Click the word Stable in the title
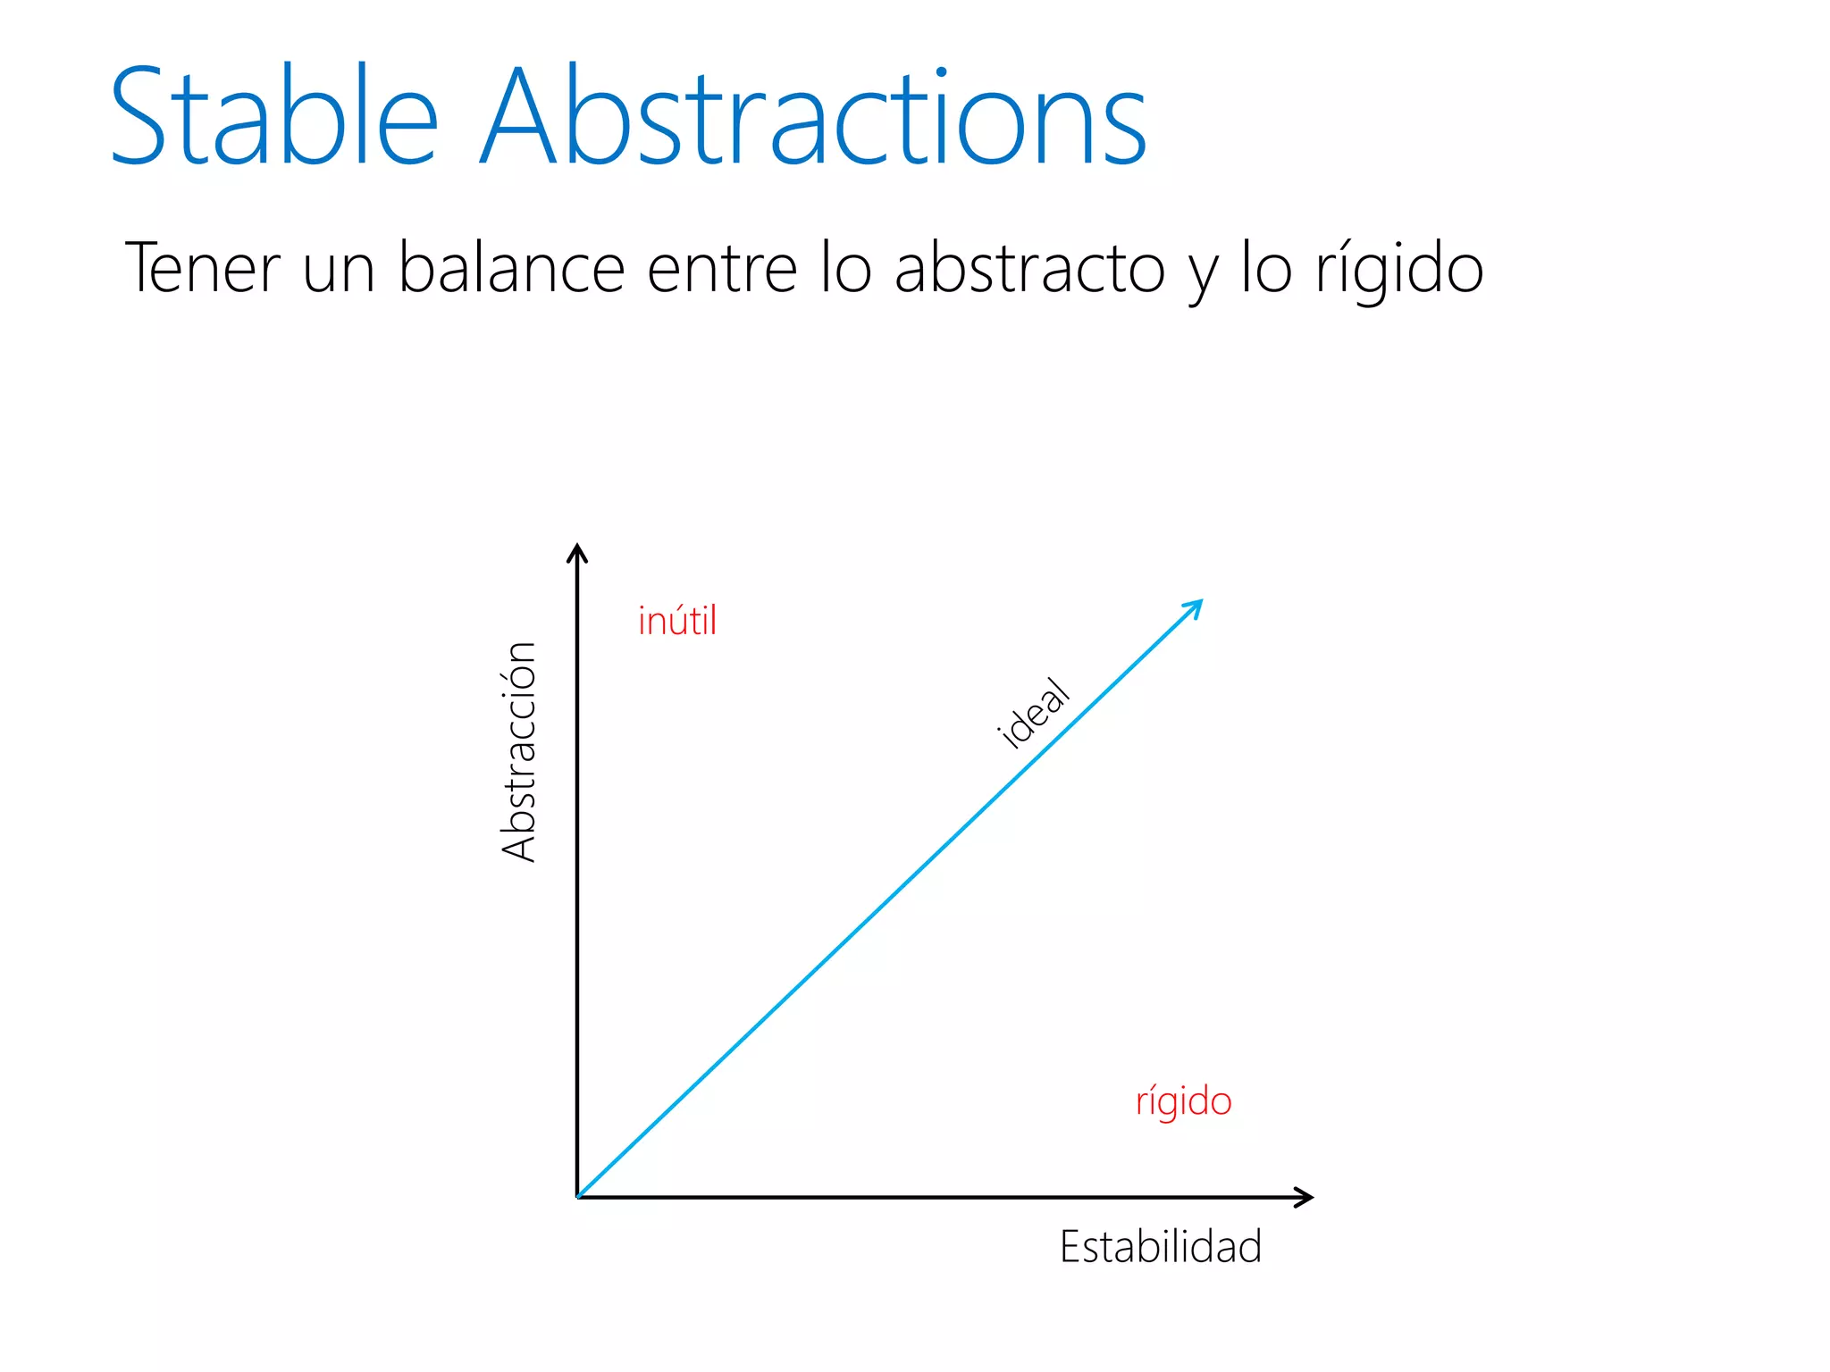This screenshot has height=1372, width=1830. coord(273,116)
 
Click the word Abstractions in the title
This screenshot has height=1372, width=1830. coord(813,116)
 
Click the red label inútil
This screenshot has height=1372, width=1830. coord(677,622)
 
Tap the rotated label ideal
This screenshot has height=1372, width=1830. coord(1033,713)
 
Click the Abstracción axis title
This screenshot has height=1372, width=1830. coord(519,751)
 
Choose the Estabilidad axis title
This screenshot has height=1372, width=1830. coord(1160,1247)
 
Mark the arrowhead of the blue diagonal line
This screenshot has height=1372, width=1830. coord(1195,608)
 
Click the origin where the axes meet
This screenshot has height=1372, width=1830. coord(578,1197)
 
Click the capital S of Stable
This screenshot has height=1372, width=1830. coord(139,116)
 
